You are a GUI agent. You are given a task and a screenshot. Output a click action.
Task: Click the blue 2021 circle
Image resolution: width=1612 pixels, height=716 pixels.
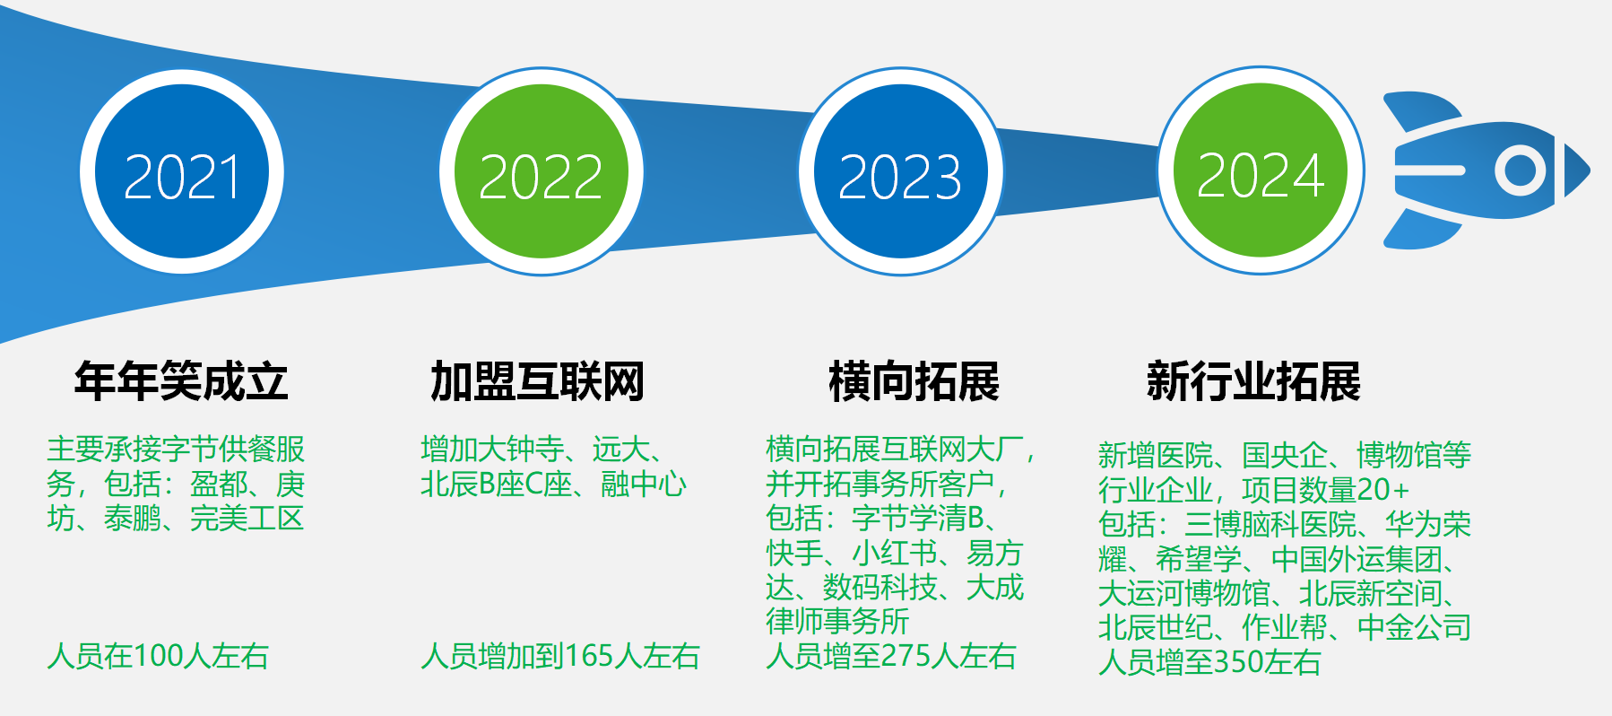click(182, 172)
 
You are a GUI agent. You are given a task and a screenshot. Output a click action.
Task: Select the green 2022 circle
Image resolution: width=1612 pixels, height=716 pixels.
click(542, 172)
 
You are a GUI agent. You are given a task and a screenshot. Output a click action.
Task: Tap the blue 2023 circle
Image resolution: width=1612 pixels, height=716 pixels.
click(901, 172)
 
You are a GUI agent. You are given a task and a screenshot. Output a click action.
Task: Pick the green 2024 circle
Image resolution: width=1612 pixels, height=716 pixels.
click(1261, 170)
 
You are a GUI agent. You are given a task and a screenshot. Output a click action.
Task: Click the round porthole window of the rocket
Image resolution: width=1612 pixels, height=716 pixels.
click(1521, 170)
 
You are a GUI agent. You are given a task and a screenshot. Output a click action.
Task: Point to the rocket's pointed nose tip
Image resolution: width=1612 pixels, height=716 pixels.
click(1590, 170)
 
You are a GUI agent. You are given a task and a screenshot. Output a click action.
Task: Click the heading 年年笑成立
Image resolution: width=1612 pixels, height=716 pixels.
click(181, 381)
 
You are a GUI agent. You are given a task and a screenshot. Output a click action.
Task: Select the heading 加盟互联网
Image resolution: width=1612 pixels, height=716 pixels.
click(538, 381)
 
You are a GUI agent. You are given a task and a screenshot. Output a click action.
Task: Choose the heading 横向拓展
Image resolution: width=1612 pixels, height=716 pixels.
click(914, 381)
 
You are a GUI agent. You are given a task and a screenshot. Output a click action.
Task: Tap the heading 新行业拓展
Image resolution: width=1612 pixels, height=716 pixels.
click(1253, 381)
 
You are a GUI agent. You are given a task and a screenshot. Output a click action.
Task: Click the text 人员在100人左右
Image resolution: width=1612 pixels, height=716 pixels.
click(158, 656)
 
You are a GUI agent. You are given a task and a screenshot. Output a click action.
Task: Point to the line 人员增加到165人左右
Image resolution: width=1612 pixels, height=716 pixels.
click(560, 656)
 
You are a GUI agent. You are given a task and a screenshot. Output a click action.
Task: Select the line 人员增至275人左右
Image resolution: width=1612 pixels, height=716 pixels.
click(891, 656)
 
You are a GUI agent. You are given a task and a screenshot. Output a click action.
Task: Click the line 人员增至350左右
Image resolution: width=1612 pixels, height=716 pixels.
click(1209, 662)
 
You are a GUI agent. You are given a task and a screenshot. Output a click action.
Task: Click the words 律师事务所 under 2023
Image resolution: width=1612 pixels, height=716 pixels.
click(837, 621)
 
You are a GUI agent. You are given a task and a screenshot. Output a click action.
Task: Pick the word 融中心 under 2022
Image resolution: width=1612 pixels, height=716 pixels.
click(644, 485)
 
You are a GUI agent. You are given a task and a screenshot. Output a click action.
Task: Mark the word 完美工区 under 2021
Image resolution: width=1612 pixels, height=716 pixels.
click(247, 519)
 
